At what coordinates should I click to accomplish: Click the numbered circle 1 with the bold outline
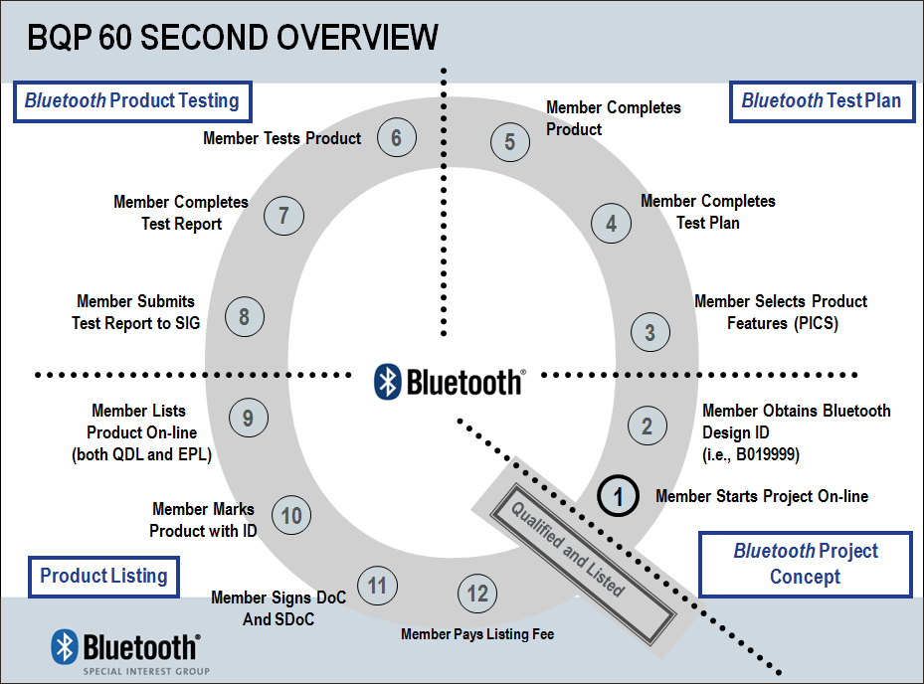coord(619,495)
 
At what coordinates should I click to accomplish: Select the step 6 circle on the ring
coord(397,137)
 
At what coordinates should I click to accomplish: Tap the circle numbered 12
coord(477,594)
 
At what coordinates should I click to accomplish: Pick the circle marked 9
coord(249,418)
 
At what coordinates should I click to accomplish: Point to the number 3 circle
coord(649,332)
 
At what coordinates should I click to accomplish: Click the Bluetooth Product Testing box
coord(132,101)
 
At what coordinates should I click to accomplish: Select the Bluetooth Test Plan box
coord(822,101)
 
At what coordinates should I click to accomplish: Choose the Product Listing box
coord(103,577)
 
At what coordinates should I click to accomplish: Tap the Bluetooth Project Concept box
coord(806,564)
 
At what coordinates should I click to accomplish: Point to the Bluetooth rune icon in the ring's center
coord(388,382)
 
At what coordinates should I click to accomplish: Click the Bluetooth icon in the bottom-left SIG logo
coord(65,646)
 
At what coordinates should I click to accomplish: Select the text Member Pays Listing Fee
coord(477,634)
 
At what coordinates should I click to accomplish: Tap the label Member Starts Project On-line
coord(762,496)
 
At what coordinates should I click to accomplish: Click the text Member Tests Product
coord(282,138)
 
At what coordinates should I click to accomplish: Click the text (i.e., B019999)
coord(751,454)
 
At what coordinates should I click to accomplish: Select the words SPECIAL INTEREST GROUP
coord(146,671)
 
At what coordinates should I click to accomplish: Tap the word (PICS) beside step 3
coord(816,323)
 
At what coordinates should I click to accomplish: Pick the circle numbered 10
coord(291,516)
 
